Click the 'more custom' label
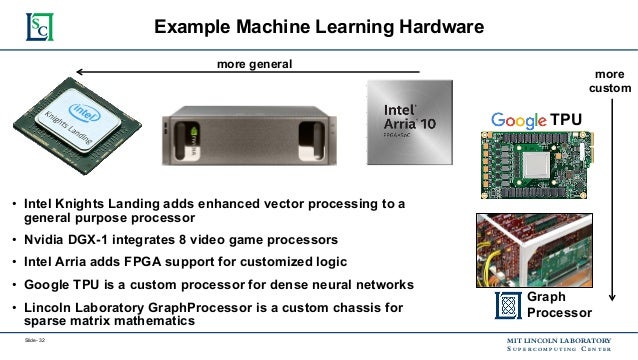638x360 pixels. [611, 82]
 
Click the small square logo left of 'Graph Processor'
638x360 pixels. [508, 304]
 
